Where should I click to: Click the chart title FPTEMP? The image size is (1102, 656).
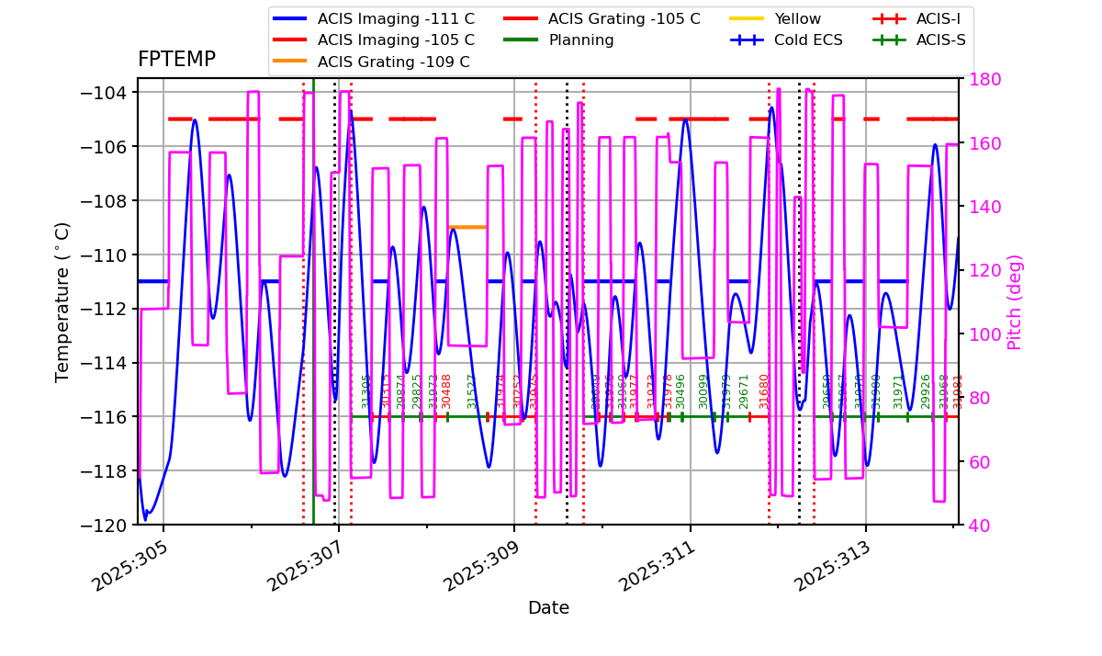[x=176, y=60]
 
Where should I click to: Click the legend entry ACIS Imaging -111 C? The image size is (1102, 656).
[x=396, y=18]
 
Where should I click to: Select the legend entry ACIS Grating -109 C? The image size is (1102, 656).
[x=393, y=62]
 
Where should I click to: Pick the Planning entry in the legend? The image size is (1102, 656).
[x=581, y=40]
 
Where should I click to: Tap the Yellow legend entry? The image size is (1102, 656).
[x=797, y=18]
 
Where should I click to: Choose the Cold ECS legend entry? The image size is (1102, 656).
[x=810, y=40]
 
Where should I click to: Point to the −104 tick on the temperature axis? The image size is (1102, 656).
[x=103, y=93]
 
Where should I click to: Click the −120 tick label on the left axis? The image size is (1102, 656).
[x=103, y=526]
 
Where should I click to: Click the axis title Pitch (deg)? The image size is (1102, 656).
[x=1015, y=301]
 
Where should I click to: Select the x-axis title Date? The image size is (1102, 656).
[x=548, y=608]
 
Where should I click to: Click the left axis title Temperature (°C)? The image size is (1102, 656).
[x=62, y=301]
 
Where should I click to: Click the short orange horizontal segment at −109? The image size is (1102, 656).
[x=468, y=227]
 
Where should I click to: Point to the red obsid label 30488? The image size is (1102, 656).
[x=447, y=390]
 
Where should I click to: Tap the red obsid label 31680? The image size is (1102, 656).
[x=764, y=390]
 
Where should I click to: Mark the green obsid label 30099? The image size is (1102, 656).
[x=703, y=390]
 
